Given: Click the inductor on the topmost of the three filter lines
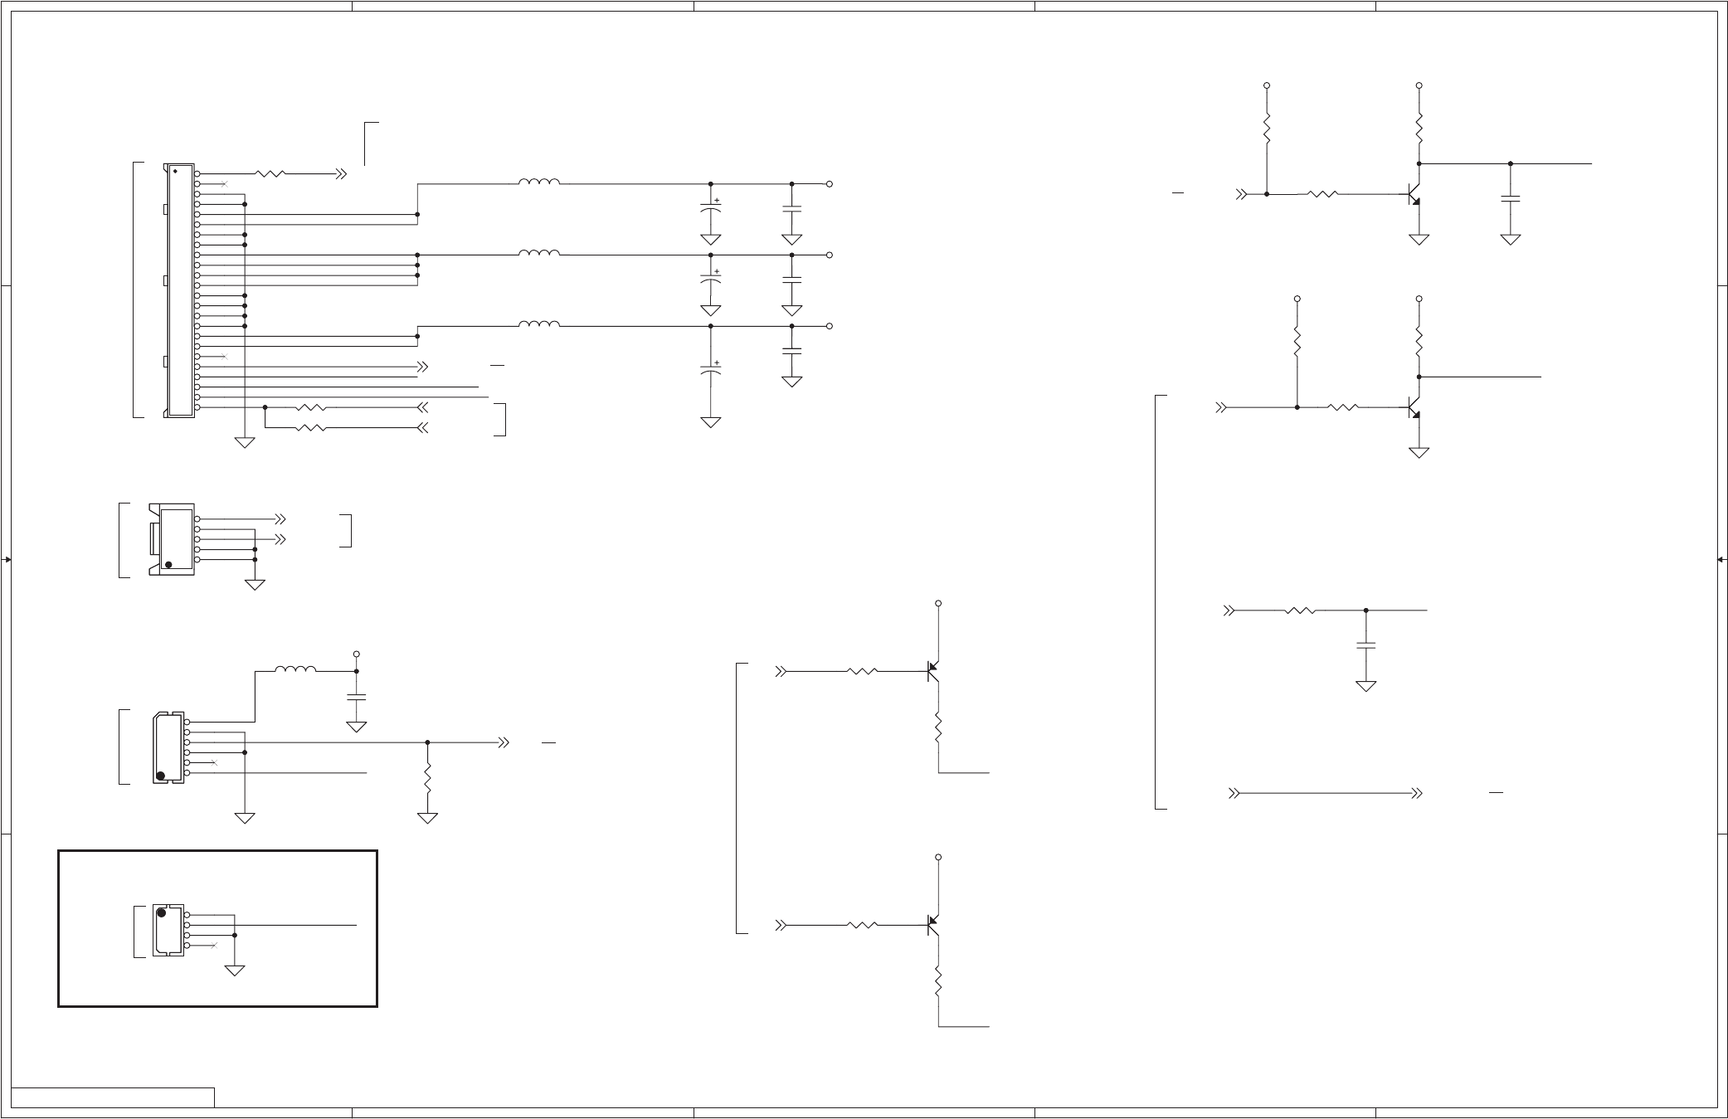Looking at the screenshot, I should coord(539,182).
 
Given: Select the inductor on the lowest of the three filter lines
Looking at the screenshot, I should coord(539,324).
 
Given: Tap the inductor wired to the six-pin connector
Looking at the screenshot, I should coord(295,669).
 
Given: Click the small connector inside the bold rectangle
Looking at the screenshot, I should coord(169,930).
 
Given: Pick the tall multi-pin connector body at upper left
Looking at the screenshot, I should coord(180,290).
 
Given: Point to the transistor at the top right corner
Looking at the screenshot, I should coord(1414,195).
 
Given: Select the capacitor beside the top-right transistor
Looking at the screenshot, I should coord(1511,198).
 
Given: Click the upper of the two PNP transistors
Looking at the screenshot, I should coord(933,671).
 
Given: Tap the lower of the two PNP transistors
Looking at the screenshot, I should coord(933,924).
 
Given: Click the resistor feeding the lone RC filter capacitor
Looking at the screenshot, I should coord(1300,611).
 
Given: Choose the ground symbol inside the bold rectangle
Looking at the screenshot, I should coord(235,969).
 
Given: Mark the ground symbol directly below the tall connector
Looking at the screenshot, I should coord(245,441).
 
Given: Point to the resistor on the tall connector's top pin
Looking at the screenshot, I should coord(270,173).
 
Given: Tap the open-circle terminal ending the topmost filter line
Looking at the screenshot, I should coord(829,183).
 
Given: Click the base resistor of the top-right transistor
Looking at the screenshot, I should coord(1322,194).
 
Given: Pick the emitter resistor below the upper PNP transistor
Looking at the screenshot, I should coord(938,727).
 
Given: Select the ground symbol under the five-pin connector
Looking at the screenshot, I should coord(255,584).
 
